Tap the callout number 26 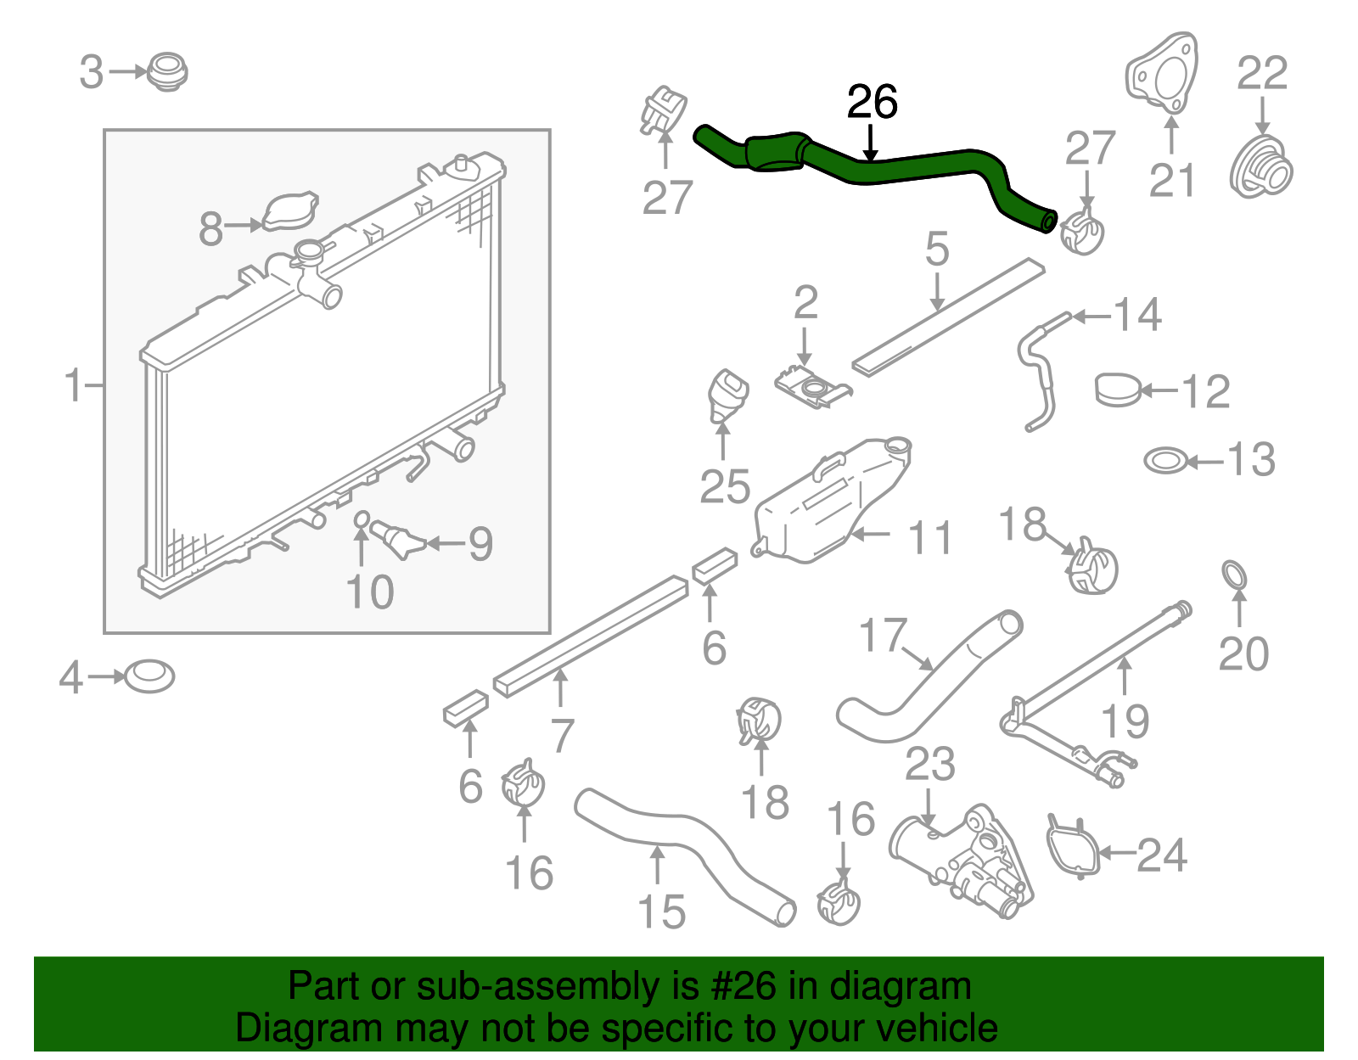[x=872, y=103]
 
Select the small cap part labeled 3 [x=167, y=71]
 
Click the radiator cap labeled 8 [x=290, y=212]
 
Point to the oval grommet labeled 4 [x=149, y=677]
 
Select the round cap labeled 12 [x=1118, y=390]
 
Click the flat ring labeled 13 [x=1165, y=462]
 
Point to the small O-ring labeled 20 [x=1235, y=575]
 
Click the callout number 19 [x=1125, y=721]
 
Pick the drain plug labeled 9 [x=396, y=540]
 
